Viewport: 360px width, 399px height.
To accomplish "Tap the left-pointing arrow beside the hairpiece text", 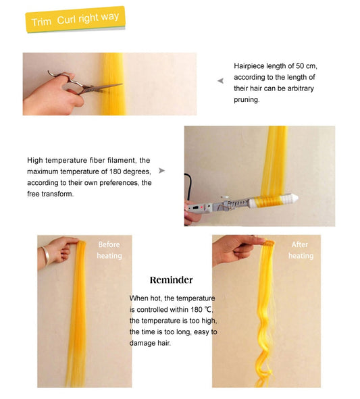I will pyautogui.click(x=220, y=80).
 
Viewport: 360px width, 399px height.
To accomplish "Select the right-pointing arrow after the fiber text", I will pyautogui.click(x=161, y=171).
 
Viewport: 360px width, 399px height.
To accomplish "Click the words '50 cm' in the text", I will pyautogui.click(x=304, y=66).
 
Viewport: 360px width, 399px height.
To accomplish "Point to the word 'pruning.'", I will pyautogui.click(x=247, y=99).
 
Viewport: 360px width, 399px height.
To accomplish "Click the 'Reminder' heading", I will pyautogui.click(x=171, y=280).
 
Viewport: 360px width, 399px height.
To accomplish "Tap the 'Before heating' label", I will pyautogui.click(x=109, y=250).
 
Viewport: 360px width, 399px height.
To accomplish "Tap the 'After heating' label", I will pyautogui.click(x=301, y=250).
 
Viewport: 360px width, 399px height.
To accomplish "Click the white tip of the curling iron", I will pyautogui.click(x=297, y=199).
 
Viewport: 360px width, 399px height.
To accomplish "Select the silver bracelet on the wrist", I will pyautogui.click(x=45, y=255).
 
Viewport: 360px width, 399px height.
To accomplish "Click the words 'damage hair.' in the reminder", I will pyautogui.click(x=150, y=343).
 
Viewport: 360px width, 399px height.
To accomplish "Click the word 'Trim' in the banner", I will pyautogui.click(x=42, y=22).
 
